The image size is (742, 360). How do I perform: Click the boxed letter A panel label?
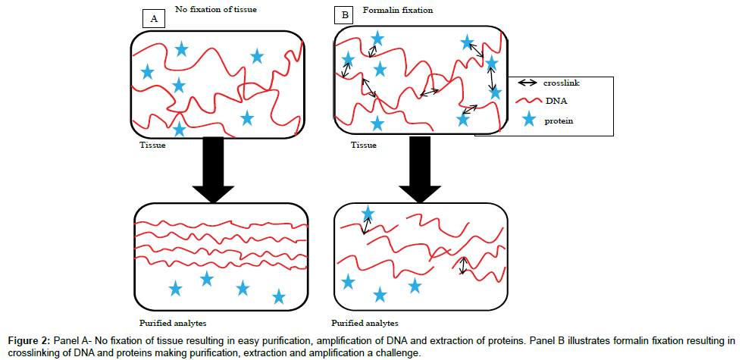(154, 17)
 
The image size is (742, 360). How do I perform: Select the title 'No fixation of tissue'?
(216, 9)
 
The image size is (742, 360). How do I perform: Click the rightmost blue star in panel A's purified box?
(279, 297)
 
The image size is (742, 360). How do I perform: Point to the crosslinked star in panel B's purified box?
(368, 214)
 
